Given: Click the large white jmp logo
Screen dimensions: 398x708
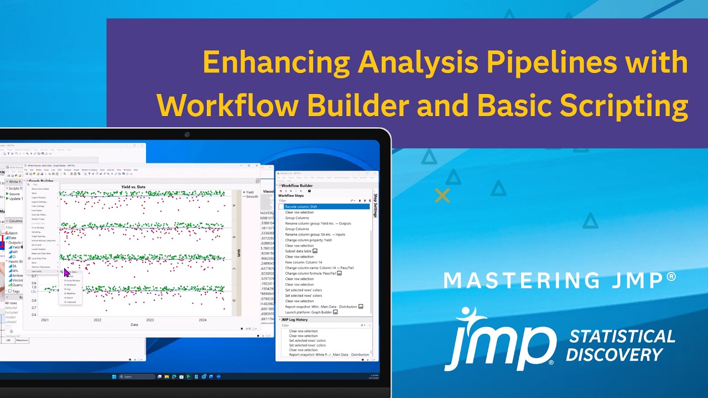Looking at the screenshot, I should (500, 339).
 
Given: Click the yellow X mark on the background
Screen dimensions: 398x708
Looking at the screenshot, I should (442, 195).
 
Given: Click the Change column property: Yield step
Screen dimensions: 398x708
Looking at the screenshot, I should (308, 240).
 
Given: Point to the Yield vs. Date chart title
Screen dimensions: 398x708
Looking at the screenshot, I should (133, 187).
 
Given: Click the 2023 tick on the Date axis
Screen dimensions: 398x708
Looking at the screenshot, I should (150, 320).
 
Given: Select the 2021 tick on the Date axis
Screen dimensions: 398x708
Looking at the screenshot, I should (44, 320).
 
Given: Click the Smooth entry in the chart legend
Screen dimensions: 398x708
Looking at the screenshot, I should (252, 196).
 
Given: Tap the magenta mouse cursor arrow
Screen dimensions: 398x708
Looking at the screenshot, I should (66, 272).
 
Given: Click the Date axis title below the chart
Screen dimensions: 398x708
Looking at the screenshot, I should (134, 325).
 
